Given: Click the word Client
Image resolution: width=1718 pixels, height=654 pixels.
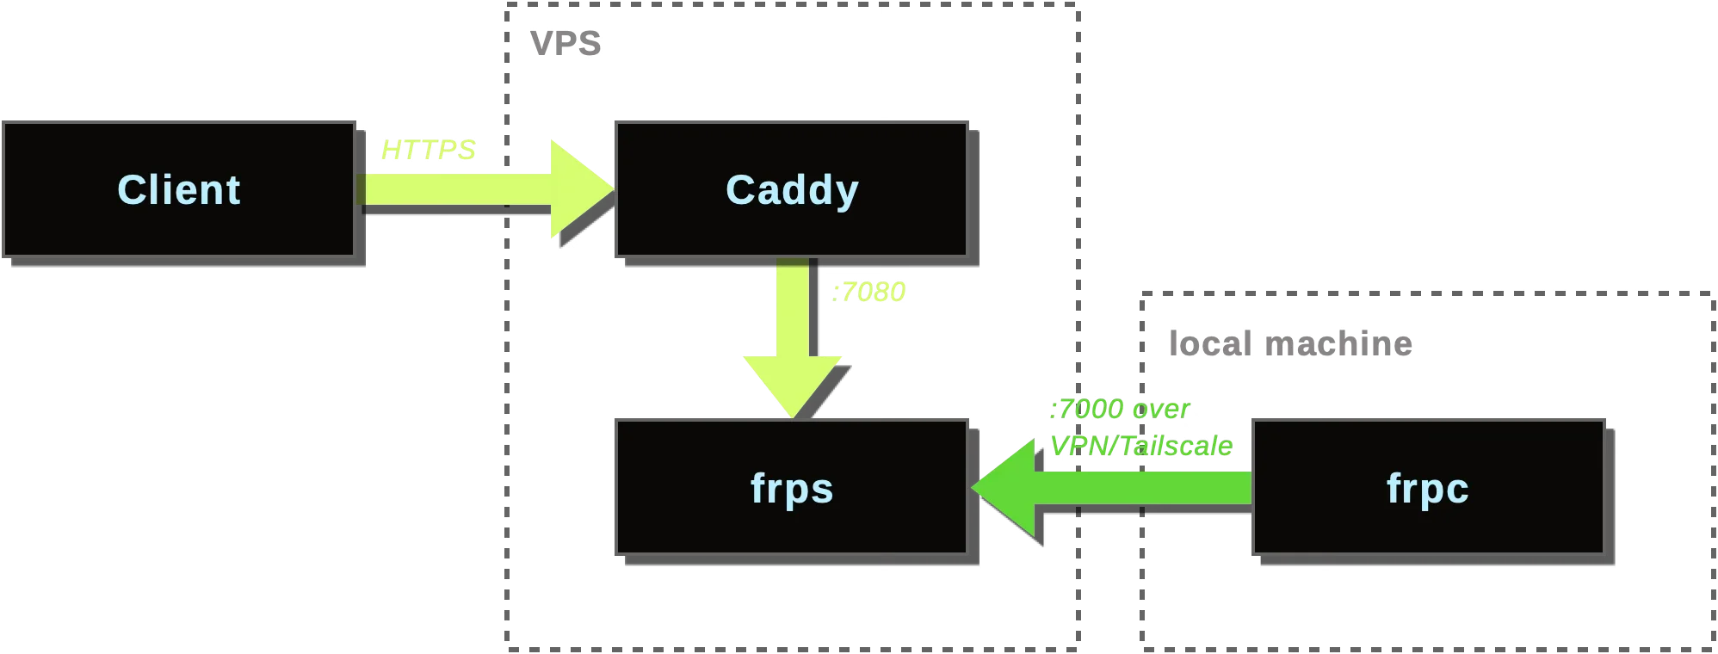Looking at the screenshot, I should (178, 189).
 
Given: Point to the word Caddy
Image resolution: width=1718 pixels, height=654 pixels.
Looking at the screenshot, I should (791, 189).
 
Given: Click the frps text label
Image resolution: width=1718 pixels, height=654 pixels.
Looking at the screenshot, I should (791, 489).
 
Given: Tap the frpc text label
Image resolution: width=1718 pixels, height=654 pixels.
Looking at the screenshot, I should (1426, 489).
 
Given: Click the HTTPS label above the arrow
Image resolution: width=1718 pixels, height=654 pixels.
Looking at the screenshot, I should (428, 150).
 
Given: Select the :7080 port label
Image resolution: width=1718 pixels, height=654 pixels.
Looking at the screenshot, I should (869, 293).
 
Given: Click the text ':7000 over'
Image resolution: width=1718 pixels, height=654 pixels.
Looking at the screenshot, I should (1119, 409).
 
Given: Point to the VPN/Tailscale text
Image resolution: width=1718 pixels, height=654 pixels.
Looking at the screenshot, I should (1141, 446).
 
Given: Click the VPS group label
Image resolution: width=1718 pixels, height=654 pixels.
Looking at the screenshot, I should (565, 42).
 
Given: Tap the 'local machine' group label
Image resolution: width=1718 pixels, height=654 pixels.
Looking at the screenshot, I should (1290, 343).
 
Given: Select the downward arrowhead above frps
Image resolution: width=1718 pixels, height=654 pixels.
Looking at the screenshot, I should (792, 383).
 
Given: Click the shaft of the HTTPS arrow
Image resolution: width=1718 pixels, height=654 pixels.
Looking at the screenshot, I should (456, 188).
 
